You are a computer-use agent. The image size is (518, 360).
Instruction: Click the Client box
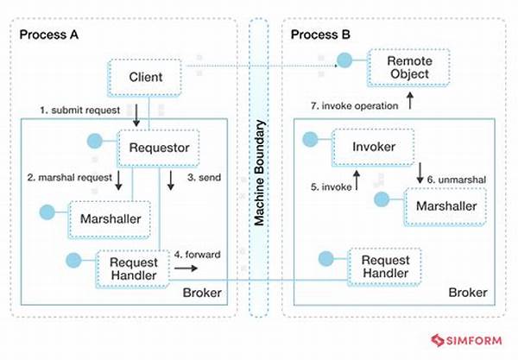pyautogui.click(x=145, y=78)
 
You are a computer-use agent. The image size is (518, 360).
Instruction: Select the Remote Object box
pyautogui.click(x=409, y=67)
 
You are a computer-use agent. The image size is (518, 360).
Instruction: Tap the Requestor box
pyautogui.click(x=159, y=148)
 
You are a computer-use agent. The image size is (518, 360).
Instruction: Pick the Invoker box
pyautogui.click(x=373, y=147)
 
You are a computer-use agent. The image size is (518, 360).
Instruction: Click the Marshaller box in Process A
pyautogui.click(x=110, y=219)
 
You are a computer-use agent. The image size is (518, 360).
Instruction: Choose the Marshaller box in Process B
pyautogui.click(x=445, y=206)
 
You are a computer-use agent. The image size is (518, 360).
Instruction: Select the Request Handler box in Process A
pyautogui.click(x=133, y=269)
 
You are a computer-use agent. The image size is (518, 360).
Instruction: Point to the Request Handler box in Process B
pyautogui.click(x=385, y=267)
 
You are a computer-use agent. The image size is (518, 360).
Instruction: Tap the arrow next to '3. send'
pyautogui.click(x=170, y=180)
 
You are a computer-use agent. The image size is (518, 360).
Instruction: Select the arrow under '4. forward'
pyautogui.click(x=186, y=268)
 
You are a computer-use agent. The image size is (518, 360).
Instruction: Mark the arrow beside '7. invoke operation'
pyautogui.click(x=410, y=101)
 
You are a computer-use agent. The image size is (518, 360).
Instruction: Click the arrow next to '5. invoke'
pyautogui.click(x=357, y=180)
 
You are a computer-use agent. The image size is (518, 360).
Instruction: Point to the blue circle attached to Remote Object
pyautogui.click(x=344, y=60)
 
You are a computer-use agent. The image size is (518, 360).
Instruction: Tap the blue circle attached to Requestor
pyautogui.click(x=94, y=141)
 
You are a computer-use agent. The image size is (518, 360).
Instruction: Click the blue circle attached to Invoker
pyautogui.click(x=310, y=139)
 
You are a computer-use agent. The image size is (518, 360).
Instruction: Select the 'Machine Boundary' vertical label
pyautogui.click(x=260, y=173)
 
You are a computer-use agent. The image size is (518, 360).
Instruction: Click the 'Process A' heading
pyautogui.click(x=49, y=35)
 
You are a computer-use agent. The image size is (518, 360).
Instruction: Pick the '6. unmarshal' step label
pyautogui.click(x=457, y=180)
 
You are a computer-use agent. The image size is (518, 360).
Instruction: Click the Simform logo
pyautogui.click(x=466, y=340)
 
